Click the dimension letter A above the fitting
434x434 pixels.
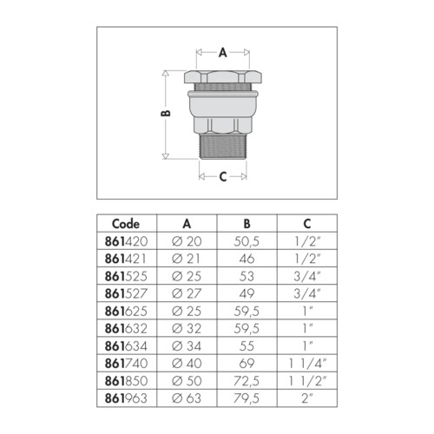[222, 53]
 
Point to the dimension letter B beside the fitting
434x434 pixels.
[166, 113]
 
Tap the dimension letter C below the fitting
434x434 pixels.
[223, 176]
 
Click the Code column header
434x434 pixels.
[126, 224]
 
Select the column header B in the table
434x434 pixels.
[247, 224]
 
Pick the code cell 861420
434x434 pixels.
[126, 241]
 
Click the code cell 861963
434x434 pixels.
[126, 398]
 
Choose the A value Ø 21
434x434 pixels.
[186, 259]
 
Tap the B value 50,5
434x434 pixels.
[247, 241]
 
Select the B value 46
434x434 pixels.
[247, 259]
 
